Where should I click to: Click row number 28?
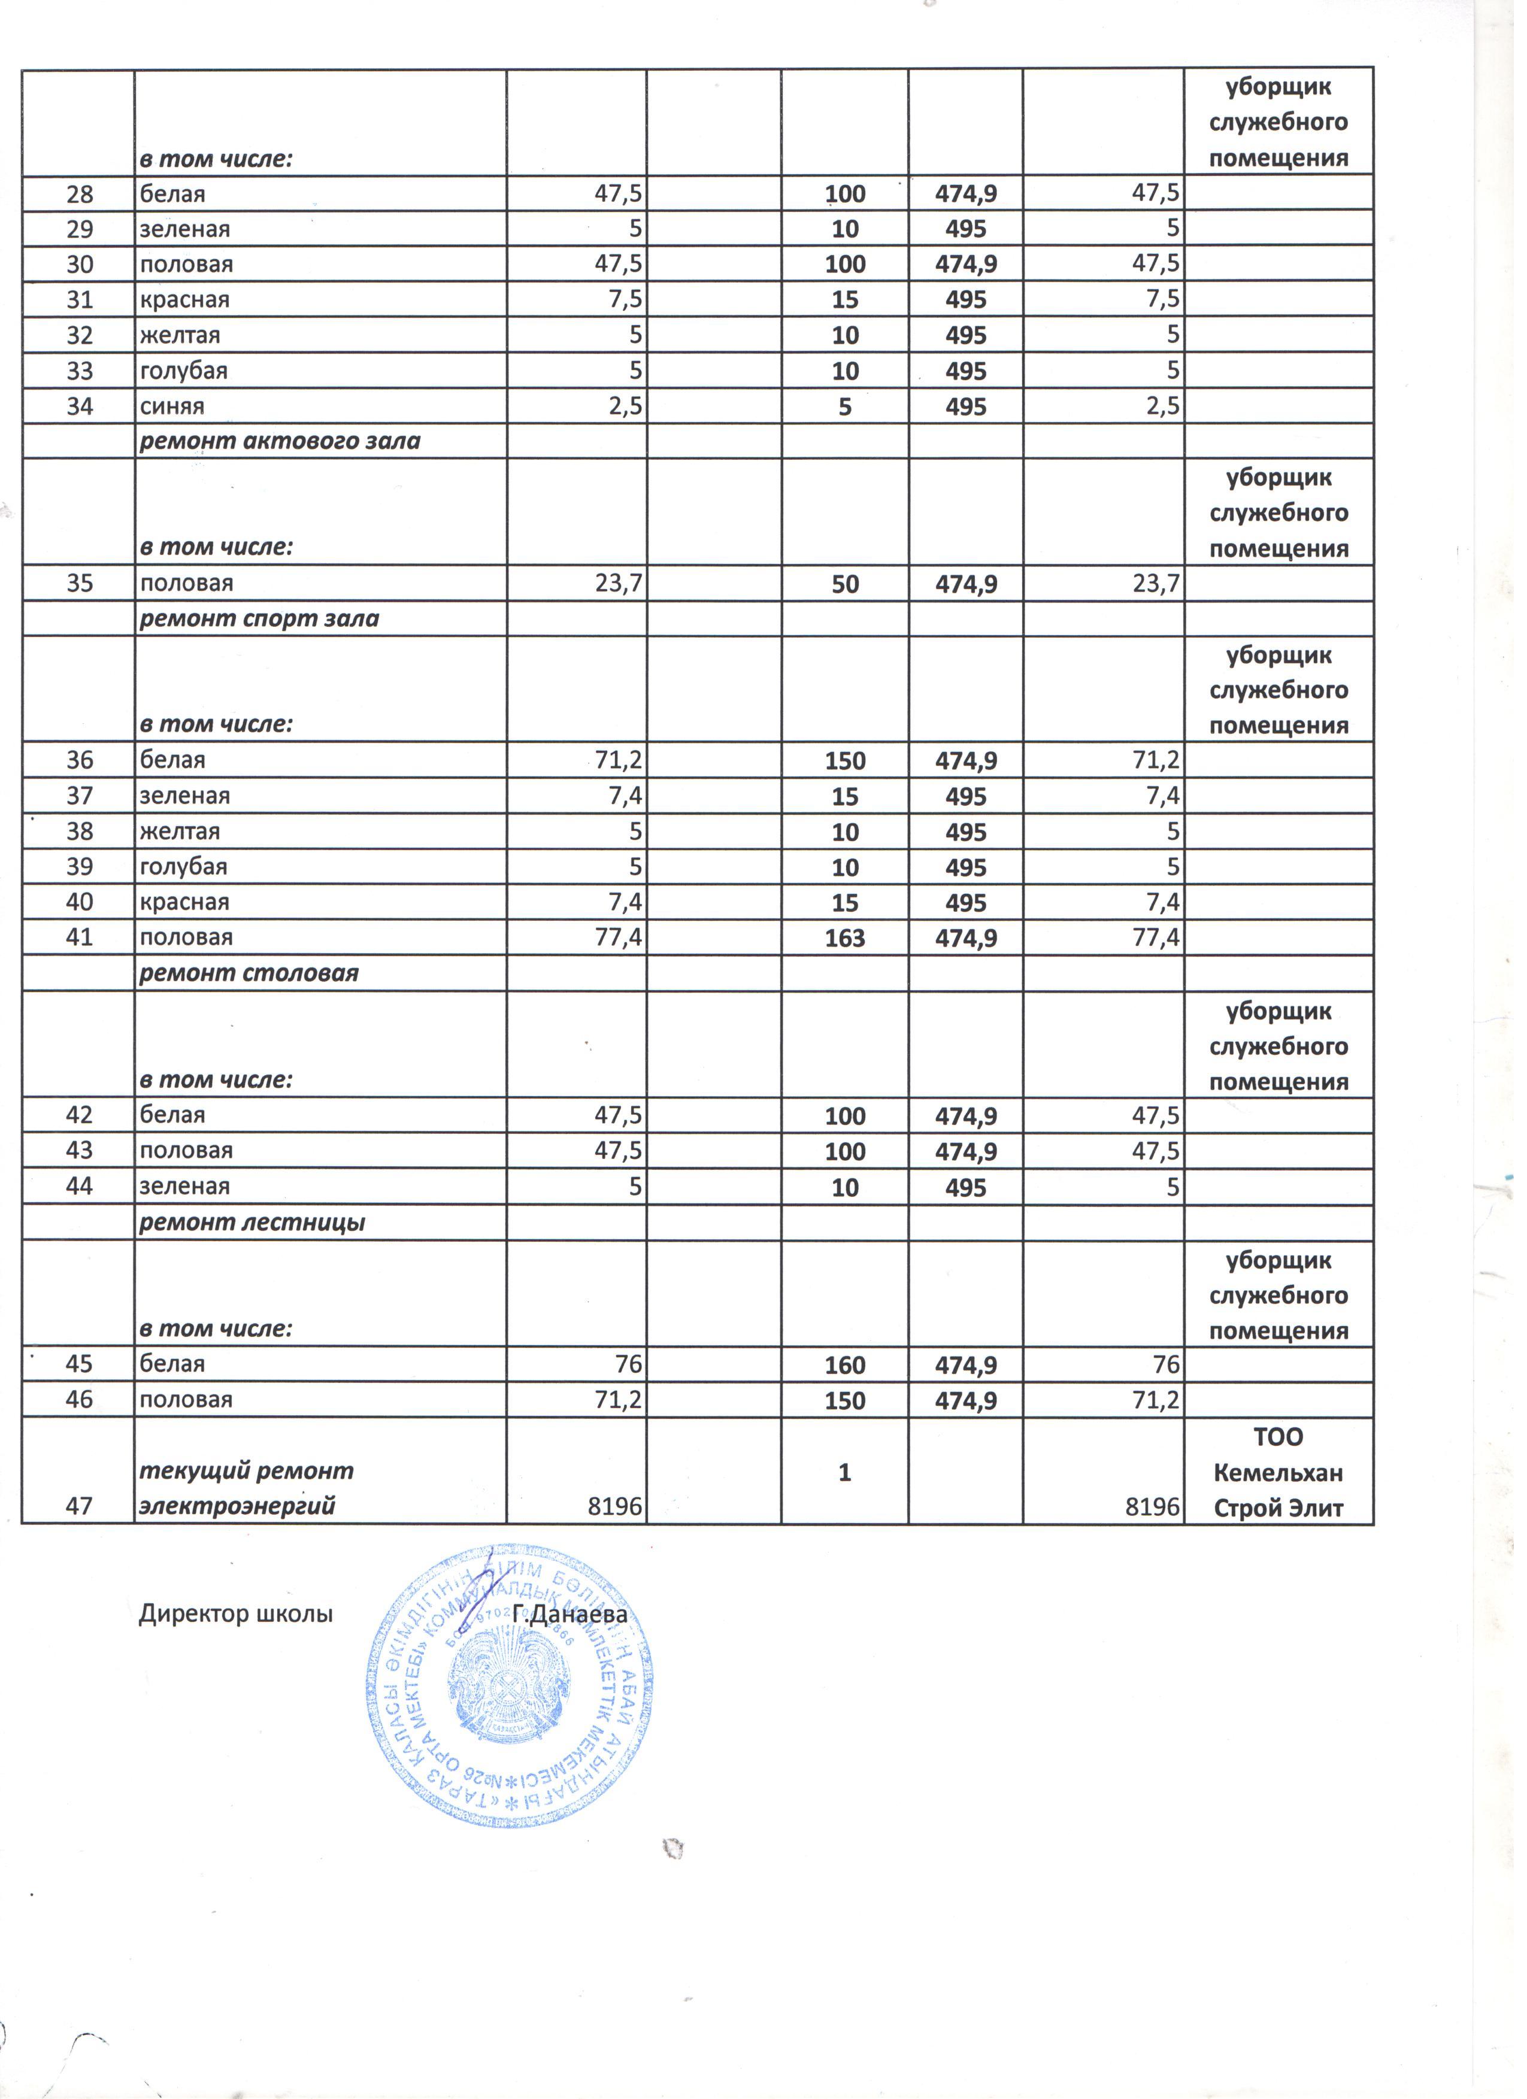click(80, 195)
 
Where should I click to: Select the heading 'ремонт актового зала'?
click(280, 441)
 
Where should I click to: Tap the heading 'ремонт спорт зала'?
click(259, 618)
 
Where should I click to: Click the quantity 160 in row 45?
click(845, 1365)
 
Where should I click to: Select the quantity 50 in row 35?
click(845, 584)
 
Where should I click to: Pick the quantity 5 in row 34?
click(845, 407)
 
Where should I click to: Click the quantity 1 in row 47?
click(845, 1472)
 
